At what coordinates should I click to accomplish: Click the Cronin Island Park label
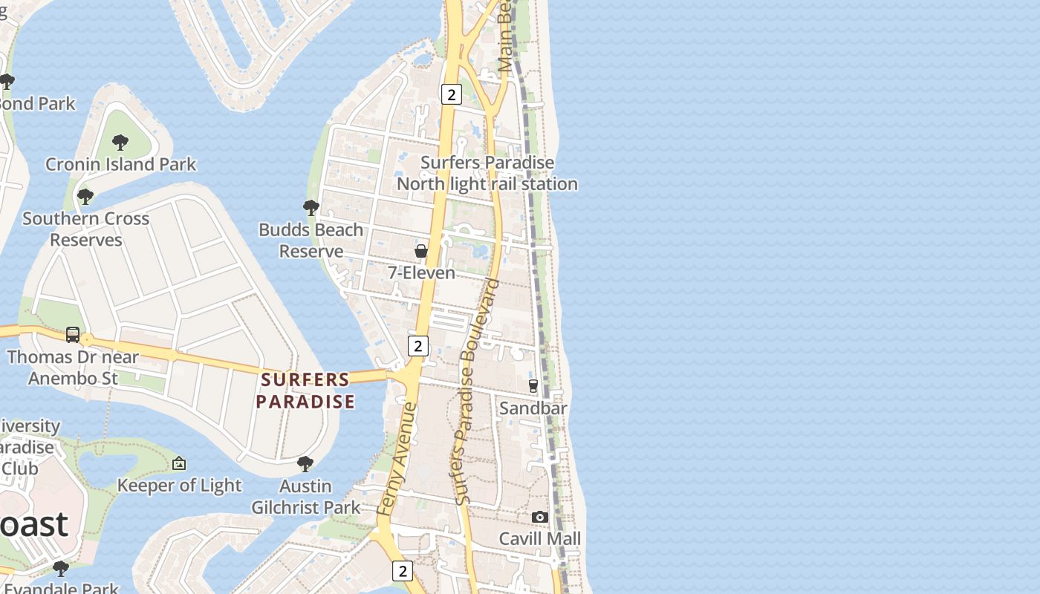[x=120, y=164]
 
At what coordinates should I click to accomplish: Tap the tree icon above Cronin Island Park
[x=120, y=142]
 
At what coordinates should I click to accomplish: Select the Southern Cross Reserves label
[x=85, y=229]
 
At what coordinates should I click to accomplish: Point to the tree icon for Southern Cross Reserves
[x=85, y=197]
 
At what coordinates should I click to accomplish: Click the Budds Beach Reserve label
[x=311, y=240]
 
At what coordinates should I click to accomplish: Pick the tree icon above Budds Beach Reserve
[x=311, y=208]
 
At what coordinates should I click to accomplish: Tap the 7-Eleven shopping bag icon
[x=421, y=251]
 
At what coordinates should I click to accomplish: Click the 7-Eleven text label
[x=421, y=272]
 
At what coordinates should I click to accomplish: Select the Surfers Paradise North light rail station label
[x=487, y=173]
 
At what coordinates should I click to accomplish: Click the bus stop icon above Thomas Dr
[x=73, y=335]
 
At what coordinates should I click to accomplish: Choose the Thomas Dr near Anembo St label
[x=73, y=368]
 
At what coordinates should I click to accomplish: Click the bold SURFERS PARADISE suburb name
[x=305, y=391]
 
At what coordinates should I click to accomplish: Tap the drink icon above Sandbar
[x=533, y=386]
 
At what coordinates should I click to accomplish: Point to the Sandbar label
[x=533, y=408]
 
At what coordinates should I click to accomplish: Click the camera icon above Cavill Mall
[x=540, y=517]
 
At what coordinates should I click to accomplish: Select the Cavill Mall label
[x=540, y=538]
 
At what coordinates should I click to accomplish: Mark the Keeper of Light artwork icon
[x=179, y=463]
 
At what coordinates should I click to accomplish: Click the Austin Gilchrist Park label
[x=305, y=497]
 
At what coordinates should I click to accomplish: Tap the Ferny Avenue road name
[x=397, y=459]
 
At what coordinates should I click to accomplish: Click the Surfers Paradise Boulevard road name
[x=476, y=392]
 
